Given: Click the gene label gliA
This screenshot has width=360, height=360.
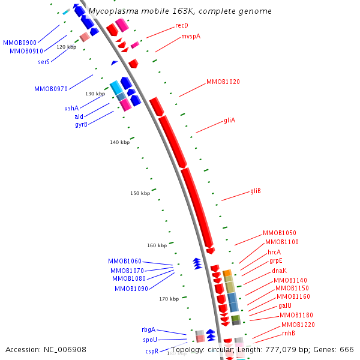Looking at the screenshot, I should pyautogui.click(x=229, y=120).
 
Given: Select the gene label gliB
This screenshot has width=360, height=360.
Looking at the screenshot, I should pyautogui.click(x=255, y=191).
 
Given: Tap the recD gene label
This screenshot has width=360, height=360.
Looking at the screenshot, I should pyautogui.click(x=182, y=25).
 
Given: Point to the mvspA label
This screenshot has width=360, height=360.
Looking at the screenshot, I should pyautogui.click(x=191, y=37).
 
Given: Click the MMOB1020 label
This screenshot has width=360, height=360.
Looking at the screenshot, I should pyautogui.click(x=223, y=82).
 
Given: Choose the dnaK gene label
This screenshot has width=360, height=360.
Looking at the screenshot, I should pyautogui.click(x=279, y=271).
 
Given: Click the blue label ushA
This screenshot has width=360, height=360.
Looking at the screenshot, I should pyautogui.click(x=71, y=108).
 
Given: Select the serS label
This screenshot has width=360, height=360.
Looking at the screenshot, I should pyautogui.click(x=44, y=61).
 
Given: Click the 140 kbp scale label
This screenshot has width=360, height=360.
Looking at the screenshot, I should pyautogui.click(x=119, y=142).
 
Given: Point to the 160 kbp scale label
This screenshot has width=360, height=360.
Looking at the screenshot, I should pyautogui.click(x=157, y=245).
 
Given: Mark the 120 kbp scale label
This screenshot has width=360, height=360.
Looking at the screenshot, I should pyautogui.click(x=66, y=46).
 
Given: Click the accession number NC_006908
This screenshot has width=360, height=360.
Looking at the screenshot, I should pyautogui.click(x=65, y=349).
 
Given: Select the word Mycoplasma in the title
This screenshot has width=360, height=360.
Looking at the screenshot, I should pyautogui.click(x=112, y=11).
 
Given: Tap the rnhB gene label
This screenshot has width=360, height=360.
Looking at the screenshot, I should pyautogui.click(x=289, y=333).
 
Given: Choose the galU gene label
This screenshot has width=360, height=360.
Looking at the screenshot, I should pyautogui.click(x=285, y=305).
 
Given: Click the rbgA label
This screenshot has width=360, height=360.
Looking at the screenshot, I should pyautogui.click(x=148, y=329).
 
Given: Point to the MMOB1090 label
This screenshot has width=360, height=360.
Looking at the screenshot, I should pyautogui.click(x=131, y=289).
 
